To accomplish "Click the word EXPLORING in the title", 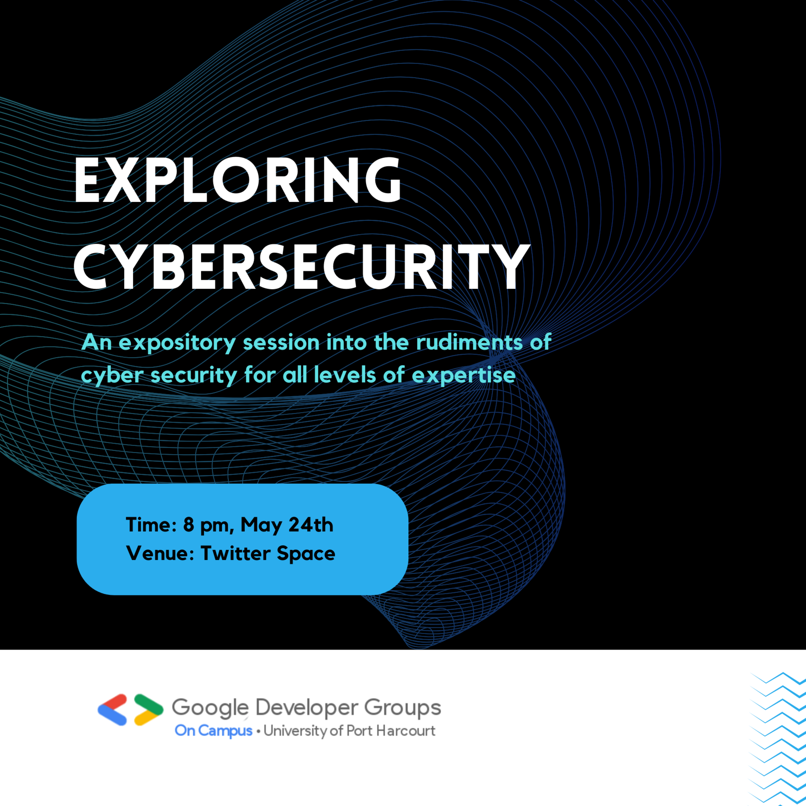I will point(237,180).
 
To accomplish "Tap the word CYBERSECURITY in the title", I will point(302,267).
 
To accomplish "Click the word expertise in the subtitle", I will point(463,375).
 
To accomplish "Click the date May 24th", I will point(287,525).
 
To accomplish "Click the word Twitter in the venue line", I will point(236,553).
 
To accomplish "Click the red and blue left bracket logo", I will point(112,710).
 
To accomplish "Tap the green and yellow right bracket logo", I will point(149,710).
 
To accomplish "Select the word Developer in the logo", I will point(307,707).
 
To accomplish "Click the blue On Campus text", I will point(213,731).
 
